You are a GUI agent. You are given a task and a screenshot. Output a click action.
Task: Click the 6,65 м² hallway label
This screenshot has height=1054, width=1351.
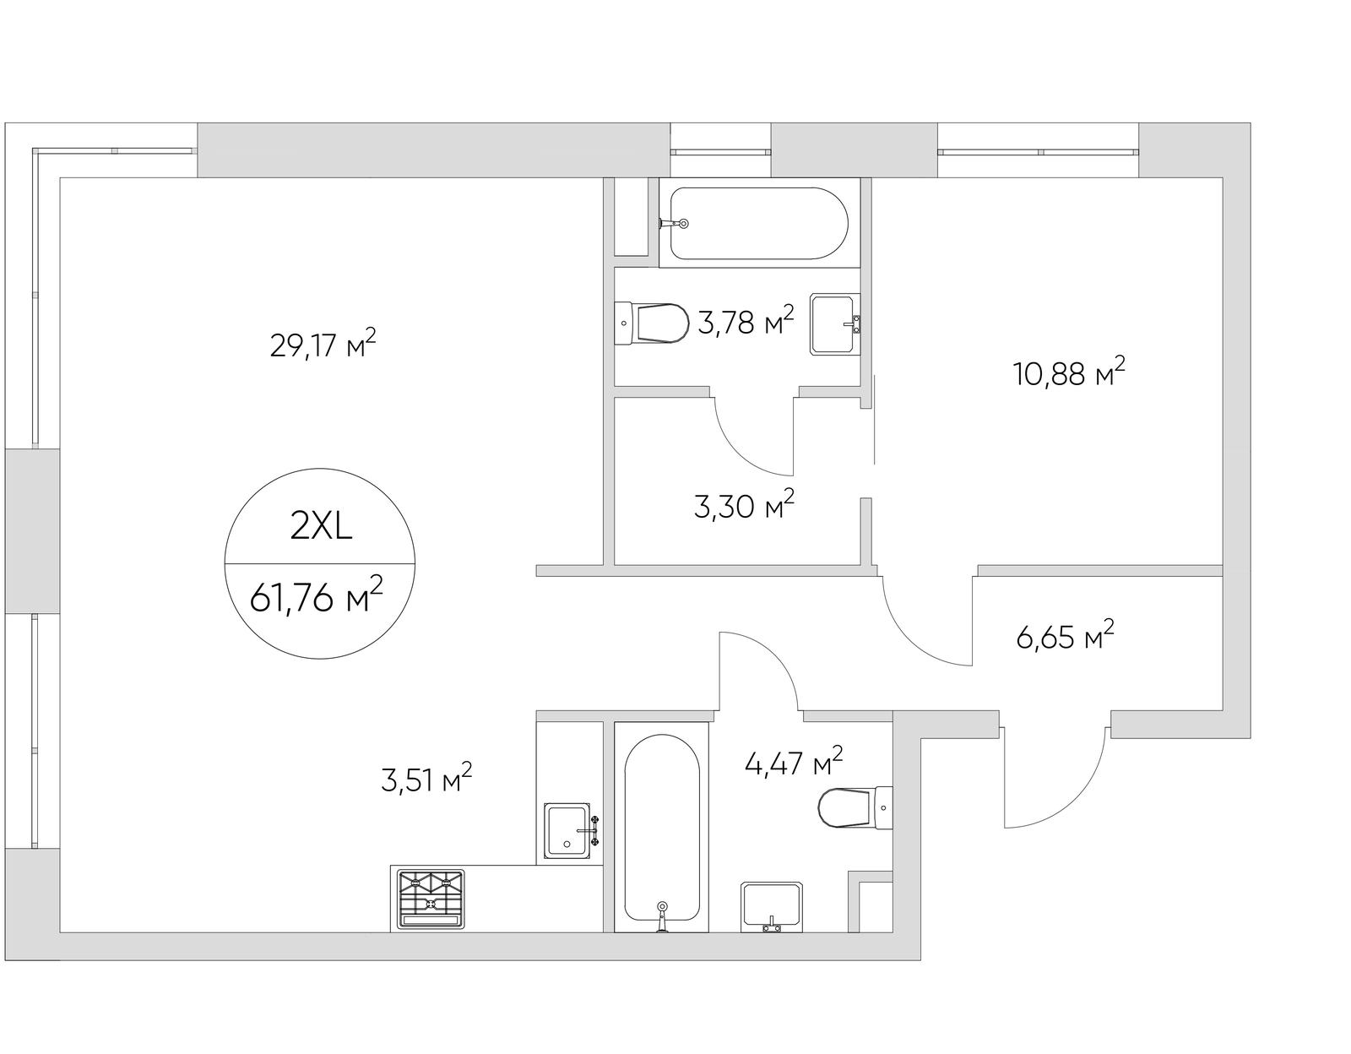point(1065,635)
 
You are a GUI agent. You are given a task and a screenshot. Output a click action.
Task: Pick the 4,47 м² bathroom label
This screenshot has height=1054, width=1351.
point(794,762)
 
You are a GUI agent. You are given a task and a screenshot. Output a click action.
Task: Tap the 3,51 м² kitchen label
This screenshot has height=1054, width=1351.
point(426,778)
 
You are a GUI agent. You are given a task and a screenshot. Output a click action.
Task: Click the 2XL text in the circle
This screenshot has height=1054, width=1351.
point(321,527)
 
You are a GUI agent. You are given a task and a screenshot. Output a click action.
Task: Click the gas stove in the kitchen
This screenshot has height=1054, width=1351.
point(431,899)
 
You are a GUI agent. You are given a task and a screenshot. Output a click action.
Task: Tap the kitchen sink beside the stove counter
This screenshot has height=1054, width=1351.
point(570,831)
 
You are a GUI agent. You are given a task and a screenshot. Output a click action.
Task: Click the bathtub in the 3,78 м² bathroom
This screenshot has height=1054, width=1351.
point(758,223)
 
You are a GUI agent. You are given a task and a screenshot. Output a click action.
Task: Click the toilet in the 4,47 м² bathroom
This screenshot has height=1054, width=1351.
point(855,807)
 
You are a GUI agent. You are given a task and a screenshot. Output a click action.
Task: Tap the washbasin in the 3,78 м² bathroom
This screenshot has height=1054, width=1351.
point(835,324)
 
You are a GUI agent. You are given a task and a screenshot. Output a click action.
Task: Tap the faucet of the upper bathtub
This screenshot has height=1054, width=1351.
point(673,223)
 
